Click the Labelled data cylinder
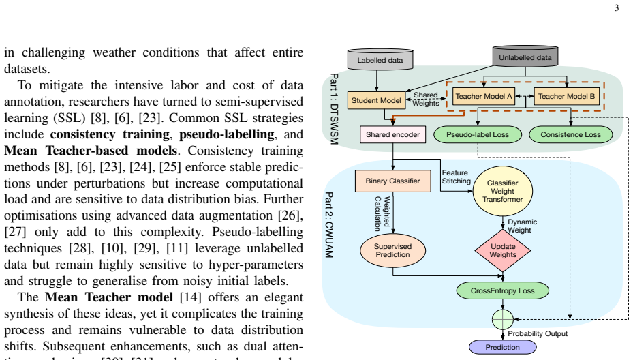pyautogui.click(x=380, y=59)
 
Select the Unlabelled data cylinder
pyautogui.click(x=525, y=57)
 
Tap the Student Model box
pyautogui.click(x=376, y=100)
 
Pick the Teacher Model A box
pyautogui.click(x=484, y=96)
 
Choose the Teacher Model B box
pyautogui.click(x=566, y=96)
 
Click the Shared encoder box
pyautogui.click(x=392, y=134)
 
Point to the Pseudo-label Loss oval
pyautogui.click(x=478, y=134)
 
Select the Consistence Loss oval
pyautogui.click(x=570, y=134)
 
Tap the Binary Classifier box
pyautogui.click(x=392, y=181)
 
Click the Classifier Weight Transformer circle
pyautogui.click(x=503, y=191)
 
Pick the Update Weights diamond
pyautogui.click(x=503, y=250)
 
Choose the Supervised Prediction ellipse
pyautogui.click(x=392, y=250)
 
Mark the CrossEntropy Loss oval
pyautogui.click(x=503, y=290)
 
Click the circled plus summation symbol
pyautogui.click(x=503, y=319)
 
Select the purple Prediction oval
pyautogui.click(x=503, y=347)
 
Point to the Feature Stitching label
pyautogui.click(x=456, y=177)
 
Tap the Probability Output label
pyautogui.click(x=538, y=333)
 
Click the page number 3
pyautogui.click(x=617, y=8)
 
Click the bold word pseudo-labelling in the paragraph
pyautogui.click(x=227, y=134)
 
